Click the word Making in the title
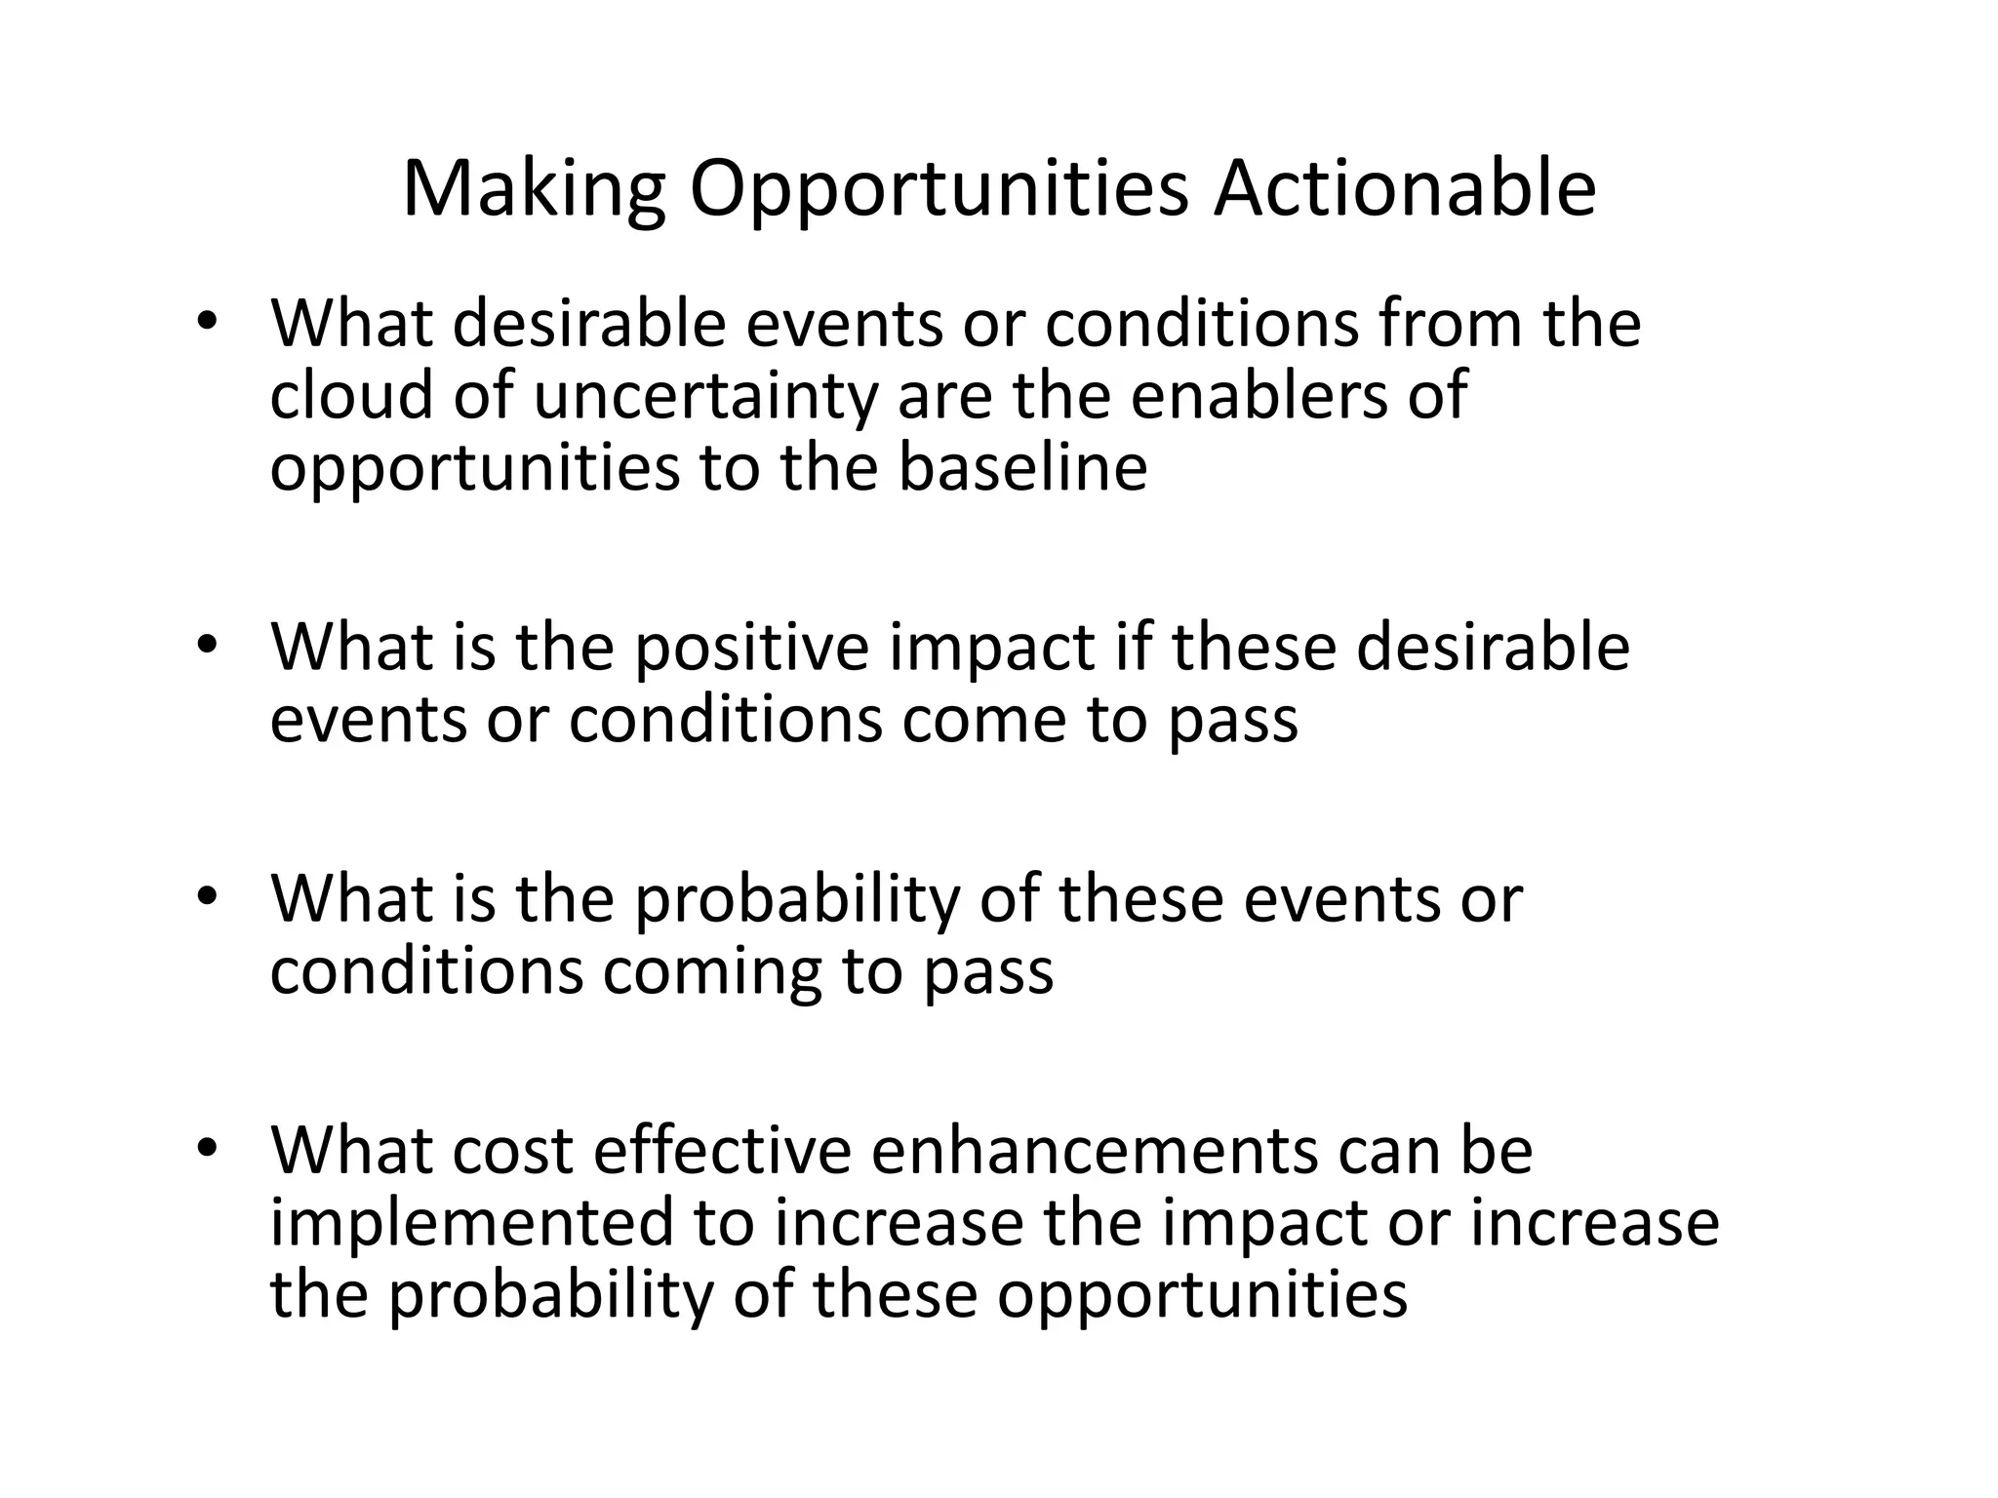pos(534,189)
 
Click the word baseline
pos(1022,467)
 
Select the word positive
pos(751,649)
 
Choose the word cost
pos(513,1152)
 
